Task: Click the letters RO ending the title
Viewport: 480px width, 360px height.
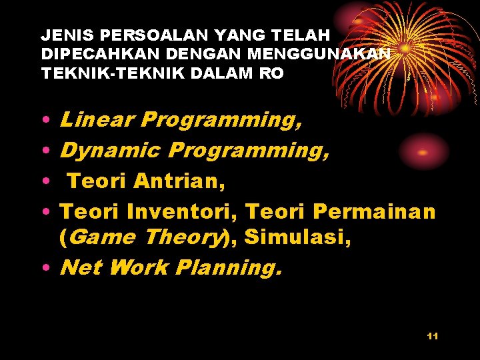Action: (271, 73)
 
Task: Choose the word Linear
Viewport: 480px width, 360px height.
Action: (97, 120)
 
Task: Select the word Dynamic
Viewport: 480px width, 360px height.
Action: (109, 151)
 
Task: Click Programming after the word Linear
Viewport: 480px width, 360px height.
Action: (222, 120)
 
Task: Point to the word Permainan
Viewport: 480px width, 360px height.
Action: (373, 211)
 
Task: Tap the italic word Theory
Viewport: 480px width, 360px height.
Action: (186, 237)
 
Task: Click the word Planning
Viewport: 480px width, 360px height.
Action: (229, 268)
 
